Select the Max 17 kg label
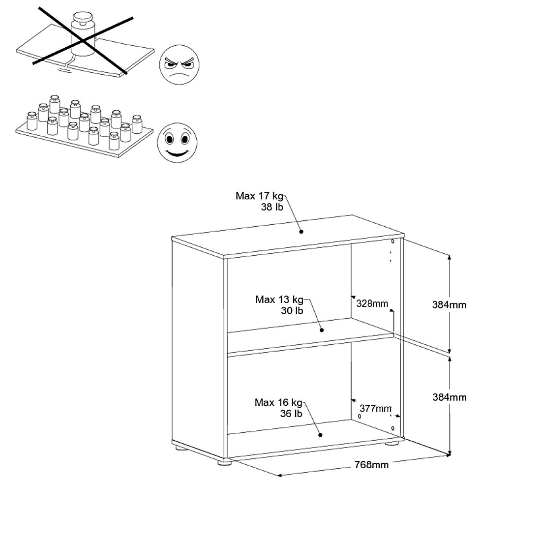pyautogui.click(x=259, y=196)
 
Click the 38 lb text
pyautogui.click(x=272, y=208)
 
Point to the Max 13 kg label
pyautogui.click(x=279, y=299)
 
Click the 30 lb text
pyautogui.click(x=292, y=311)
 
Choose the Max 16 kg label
pyautogui.click(x=278, y=402)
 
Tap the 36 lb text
pyautogui.click(x=291, y=414)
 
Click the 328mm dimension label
pyautogui.click(x=372, y=303)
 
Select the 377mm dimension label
pyautogui.click(x=376, y=408)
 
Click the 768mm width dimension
pyautogui.click(x=372, y=465)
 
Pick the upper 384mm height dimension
pyautogui.click(x=449, y=305)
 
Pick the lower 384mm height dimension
pyautogui.click(x=449, y=397)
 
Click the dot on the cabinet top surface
pyautogui.click(x=301, y=232)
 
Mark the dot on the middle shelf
pyautogui.click(x=322, y=330)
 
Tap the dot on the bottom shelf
pyautogui.click(x=320, y=435)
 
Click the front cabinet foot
pyautogui.click(x=224, y=461)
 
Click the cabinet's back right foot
pyautogui.click(x=392, y=443)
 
